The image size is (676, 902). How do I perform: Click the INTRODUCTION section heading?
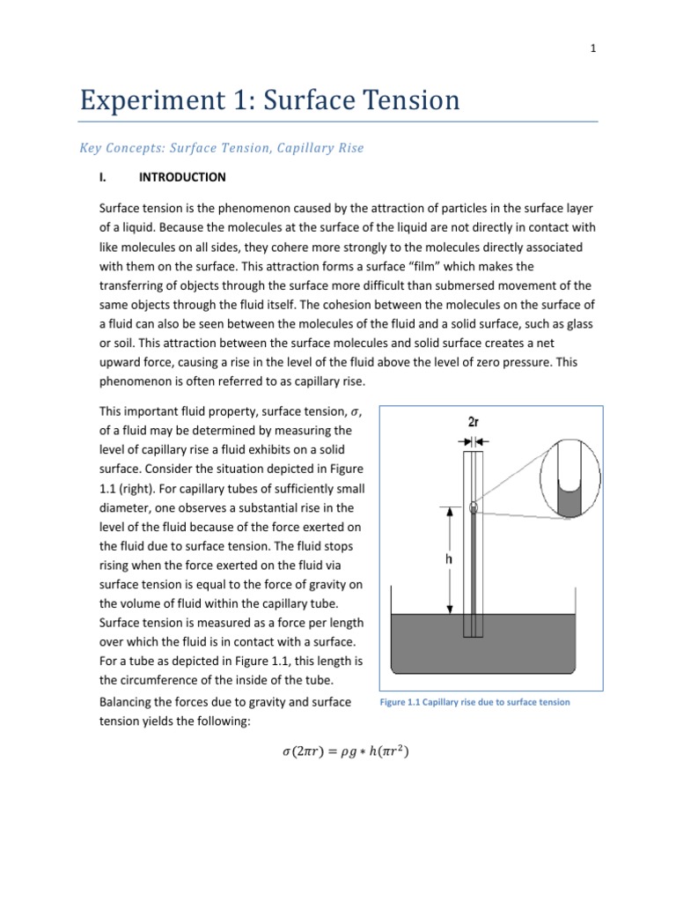(x=182, y=177)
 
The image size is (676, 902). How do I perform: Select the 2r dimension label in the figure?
(x=474, y=422)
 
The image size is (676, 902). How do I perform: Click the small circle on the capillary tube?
(x=474, y=506)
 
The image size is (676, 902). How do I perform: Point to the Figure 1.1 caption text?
(x=474, y=702)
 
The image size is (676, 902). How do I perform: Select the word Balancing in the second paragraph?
(x=128, y=702)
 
